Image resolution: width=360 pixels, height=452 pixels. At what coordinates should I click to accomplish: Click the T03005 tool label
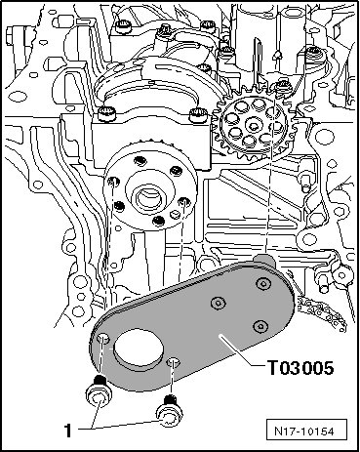point(300,368)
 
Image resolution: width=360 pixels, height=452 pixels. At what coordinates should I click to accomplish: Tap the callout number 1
point(67,431)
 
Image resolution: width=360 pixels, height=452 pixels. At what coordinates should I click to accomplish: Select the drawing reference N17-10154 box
point(306,431)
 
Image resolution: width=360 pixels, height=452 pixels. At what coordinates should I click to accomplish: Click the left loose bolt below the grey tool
point(99,394)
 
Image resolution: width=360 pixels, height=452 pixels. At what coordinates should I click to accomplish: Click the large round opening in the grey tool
point(138,350)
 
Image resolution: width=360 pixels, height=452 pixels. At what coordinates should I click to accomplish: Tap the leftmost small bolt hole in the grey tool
point(103,339)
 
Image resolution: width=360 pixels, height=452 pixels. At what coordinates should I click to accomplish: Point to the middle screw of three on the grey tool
point(218,304)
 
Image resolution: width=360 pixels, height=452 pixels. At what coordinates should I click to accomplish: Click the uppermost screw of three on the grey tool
point(262,284)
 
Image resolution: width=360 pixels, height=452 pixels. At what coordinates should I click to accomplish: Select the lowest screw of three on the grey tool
point(260,326)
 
